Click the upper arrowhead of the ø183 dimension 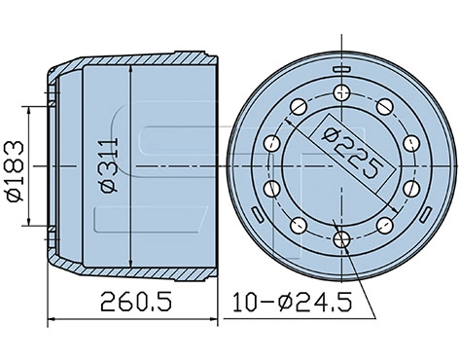[38, 111]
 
